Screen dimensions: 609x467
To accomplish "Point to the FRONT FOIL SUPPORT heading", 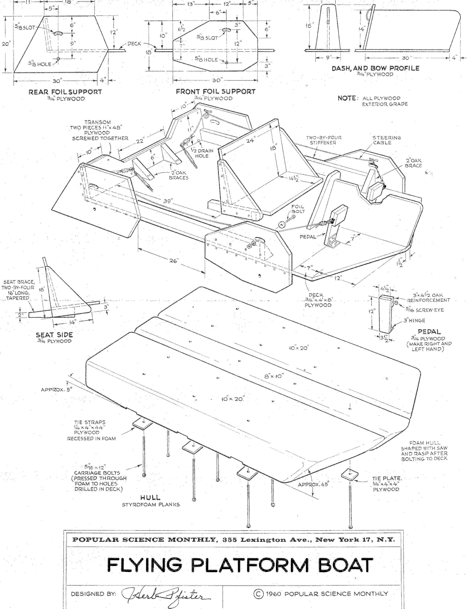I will [215, 91].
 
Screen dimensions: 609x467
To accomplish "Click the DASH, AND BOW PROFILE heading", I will [375, 68].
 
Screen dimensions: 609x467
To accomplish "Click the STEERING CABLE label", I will [387, 140].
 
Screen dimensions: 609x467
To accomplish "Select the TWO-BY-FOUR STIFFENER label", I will [324, 140].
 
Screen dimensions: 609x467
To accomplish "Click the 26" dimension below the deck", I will [174, 261].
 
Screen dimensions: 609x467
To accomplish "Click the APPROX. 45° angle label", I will [313, 484].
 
